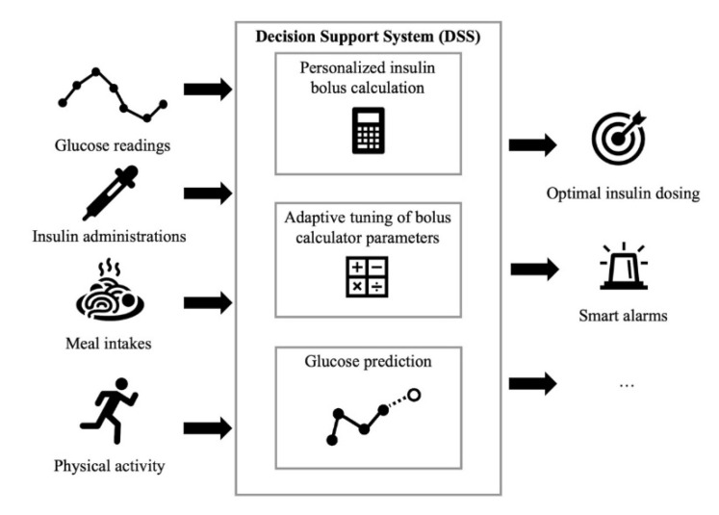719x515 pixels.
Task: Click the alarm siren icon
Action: pos(618,270)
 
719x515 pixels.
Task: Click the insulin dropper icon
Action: pos(107,192)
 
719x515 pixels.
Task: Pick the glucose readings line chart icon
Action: pos(112,94)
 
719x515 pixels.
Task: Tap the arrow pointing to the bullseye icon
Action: pos(532,145)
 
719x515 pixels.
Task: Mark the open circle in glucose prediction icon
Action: pos(414,395)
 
